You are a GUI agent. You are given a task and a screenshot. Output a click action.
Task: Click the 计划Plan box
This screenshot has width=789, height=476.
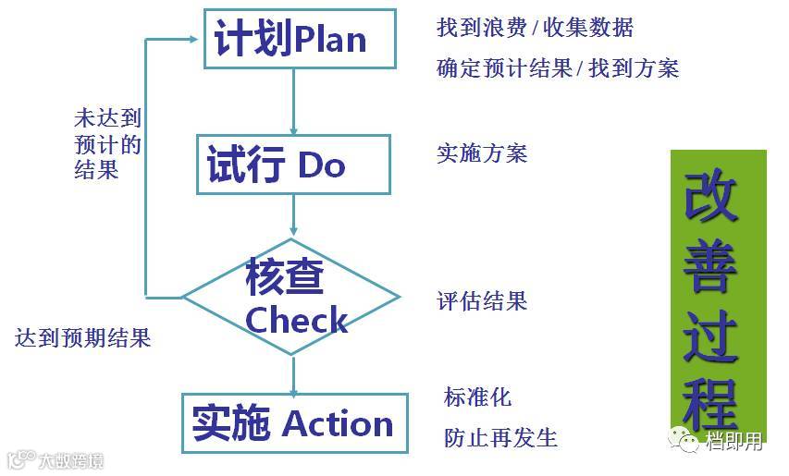pyautogui.click(x=300, y=39)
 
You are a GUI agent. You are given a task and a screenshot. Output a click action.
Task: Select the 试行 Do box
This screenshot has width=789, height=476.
pyautogui.click(x=293, y=165)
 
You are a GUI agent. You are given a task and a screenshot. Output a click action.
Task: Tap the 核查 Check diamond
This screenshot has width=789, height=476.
pyautogui.click(x=291, y=298)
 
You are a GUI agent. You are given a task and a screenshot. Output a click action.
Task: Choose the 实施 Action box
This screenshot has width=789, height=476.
pyautogui.click(x=294, y=423)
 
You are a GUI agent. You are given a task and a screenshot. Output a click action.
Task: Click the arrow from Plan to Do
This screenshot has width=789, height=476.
pyautogui.click(x=294, y=102)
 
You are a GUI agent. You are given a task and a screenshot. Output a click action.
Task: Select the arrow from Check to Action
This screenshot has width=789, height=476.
pyautogui.click(x=294, y=374)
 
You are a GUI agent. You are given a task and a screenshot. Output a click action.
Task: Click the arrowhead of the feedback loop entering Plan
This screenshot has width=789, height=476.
pyautogui.click(x=193, y=39)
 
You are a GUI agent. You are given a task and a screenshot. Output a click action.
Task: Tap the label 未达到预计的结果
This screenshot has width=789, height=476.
pyautogui.click(x=107, y=144)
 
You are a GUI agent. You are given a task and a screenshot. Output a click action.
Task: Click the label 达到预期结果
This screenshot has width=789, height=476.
pyautogui.click(x=82, y=337)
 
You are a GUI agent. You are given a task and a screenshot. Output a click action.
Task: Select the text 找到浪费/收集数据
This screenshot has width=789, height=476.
pyautogui.click(x=535, y=28)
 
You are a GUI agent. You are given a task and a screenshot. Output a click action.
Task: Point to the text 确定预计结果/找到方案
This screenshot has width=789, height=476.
pyautogui.click(x=558, y=68)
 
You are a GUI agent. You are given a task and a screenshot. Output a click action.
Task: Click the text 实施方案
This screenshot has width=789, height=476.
pyautogui.click(x=481, y=153)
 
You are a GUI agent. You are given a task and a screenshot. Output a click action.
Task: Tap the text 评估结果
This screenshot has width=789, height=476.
pyautogui.click(x=481, y=300)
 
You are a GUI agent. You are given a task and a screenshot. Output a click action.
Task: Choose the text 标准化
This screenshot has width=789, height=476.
pyautogui.click(x=477, y=397)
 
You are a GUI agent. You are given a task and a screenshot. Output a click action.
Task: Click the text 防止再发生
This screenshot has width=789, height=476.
pyautogui.click(x=500, y=436)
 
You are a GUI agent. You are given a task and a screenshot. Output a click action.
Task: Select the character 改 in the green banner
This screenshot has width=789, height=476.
pyautogui.click(x=711, y=197)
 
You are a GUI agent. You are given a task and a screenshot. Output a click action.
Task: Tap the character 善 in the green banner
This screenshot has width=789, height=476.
pyautogui.click(x=711, y=268)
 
